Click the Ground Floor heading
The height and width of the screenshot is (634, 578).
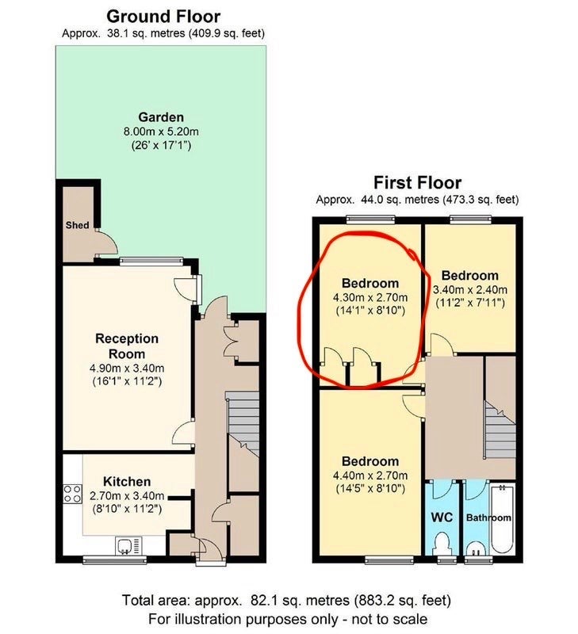163,17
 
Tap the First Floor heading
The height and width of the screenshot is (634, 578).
417,183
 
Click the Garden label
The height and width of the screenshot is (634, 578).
161,117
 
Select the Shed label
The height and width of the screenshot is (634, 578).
77,225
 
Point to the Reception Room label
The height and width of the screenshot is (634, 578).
127,346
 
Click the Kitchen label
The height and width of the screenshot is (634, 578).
127,482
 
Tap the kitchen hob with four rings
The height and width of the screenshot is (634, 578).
72,494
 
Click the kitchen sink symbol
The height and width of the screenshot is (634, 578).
128,546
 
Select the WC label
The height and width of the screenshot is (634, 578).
442,518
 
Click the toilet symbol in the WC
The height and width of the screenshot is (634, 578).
442,544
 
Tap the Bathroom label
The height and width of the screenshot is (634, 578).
488,518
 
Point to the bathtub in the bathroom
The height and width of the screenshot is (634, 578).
502,520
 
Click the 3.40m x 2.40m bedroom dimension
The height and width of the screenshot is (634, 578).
470,289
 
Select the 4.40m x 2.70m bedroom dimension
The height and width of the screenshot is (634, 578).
370,475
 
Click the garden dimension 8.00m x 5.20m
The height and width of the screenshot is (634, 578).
161,132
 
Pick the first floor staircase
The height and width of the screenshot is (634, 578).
500,430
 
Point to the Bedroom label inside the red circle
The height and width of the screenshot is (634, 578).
370,283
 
